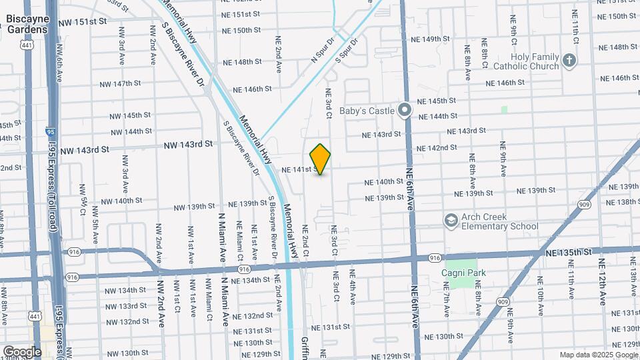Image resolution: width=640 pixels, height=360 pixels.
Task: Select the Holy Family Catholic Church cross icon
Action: (569, 61)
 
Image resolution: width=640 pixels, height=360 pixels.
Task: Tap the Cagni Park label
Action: (464, 273)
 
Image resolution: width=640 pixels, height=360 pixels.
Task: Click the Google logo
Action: (21, 351)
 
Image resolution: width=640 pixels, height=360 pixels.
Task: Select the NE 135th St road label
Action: (568, 253)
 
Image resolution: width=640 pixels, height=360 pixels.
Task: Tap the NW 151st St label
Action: (83, 22)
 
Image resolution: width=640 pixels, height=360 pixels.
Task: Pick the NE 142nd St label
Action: (436, 148)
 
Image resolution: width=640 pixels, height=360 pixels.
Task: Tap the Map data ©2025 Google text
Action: (599, 355)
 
